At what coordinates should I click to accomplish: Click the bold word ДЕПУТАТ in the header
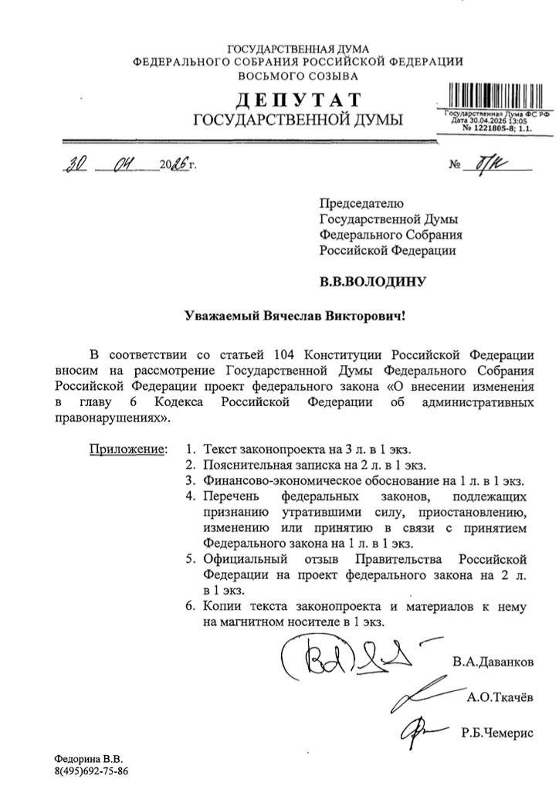tap(297, 100)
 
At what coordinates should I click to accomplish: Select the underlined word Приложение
tap(127, 449)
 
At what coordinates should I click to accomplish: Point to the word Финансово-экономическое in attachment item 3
tap(278, 480)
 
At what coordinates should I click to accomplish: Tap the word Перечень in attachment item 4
tap(232, 496)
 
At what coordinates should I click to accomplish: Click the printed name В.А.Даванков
tap(492, 662)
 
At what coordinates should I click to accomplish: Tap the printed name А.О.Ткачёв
tap(500, 698)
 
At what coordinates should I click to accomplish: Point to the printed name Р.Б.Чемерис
tap(496, 734)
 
